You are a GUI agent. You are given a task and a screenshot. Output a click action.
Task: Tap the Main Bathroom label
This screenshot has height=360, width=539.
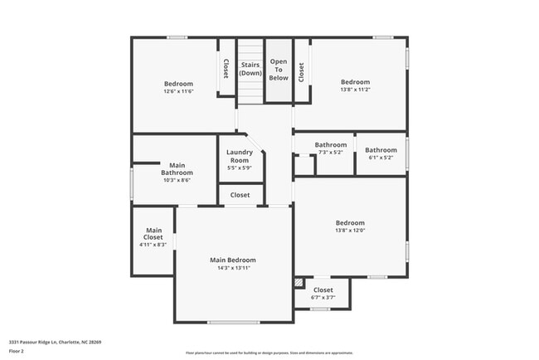click(177, 168)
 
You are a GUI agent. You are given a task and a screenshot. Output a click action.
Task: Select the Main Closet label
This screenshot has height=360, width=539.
click(153, 234)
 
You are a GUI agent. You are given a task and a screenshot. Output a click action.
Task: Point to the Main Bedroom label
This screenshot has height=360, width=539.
click(232, 260)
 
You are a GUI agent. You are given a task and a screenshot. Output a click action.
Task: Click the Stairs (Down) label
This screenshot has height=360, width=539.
click(250, 69)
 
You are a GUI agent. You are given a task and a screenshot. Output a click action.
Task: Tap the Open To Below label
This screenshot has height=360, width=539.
click(279, 69)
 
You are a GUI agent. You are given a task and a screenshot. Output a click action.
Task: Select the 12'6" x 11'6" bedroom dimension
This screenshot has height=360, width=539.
click(178, 91)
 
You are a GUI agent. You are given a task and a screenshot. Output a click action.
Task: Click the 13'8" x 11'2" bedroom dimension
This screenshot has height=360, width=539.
click(356, 90)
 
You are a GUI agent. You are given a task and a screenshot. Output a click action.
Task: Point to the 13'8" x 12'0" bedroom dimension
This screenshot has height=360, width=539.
click(349, 231)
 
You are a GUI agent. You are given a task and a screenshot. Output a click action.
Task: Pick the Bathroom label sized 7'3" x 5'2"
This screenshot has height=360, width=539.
click(330, 146)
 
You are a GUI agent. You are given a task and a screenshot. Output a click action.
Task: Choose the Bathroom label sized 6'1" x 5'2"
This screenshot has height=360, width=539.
click(381, 150)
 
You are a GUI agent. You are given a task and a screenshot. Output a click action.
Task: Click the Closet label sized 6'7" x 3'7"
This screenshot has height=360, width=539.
click(323, 290)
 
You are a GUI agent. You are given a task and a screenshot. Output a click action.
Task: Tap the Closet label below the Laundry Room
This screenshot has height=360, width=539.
click(240, 195)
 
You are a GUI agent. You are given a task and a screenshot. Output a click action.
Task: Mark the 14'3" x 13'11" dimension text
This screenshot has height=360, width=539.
click(232, 268)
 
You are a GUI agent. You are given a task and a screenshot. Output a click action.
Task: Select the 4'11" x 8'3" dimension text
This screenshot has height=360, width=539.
click(153, 245)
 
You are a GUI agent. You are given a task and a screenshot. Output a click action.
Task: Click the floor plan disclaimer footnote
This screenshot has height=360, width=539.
click(269, 353)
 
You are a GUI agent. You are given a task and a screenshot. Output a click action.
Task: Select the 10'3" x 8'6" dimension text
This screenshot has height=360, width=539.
click(177, 180)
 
